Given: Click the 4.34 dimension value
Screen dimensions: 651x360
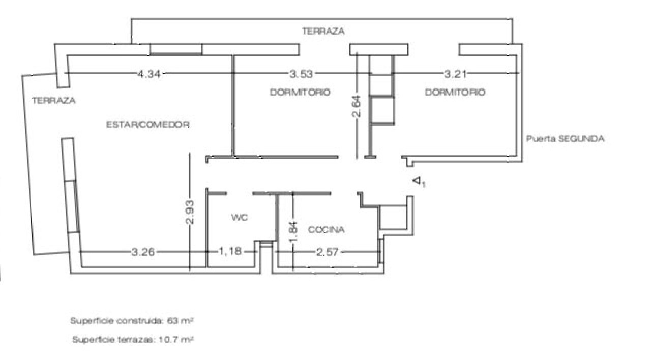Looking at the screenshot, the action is (x=149, y=74).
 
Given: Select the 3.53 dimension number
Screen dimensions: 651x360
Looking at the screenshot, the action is (x=301, y=74).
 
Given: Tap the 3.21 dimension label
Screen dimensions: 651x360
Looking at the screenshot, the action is (x=455, y=74).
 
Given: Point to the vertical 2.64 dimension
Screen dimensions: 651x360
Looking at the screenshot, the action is (x=357, y=106).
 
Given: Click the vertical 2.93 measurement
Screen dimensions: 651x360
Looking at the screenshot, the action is (x=190, y=213).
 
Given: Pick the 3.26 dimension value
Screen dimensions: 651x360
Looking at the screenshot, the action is (x=143, y=252).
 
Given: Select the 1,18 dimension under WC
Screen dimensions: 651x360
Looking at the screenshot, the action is (x=230, y=251).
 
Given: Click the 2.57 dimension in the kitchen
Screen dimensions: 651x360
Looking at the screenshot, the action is (x=327, y=252).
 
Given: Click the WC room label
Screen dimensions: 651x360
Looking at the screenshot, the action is (x=240, y=217).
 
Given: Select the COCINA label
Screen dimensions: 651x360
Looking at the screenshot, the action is (x=327, y=229).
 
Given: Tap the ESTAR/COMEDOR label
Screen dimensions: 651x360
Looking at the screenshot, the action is (x=148, y=125).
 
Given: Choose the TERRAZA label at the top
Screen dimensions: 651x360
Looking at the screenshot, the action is (x=323, y=31).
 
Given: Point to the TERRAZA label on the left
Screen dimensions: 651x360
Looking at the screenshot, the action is (x=54, y=101).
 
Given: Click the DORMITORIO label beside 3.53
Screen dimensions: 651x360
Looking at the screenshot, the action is (x=300, y=92).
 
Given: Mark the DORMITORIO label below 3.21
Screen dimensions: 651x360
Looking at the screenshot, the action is (x=455, y=92).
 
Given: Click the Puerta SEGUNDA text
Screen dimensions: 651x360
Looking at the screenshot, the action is (x=565, y=139).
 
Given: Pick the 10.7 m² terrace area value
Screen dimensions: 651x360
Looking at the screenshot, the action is (x=176, y=339).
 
